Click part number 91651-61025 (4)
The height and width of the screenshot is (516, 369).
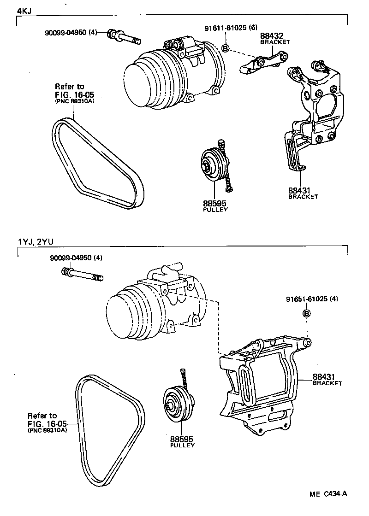[312, 299]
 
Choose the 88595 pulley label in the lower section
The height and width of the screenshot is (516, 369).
[182, 440]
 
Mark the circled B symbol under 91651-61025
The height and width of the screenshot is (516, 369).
[306, 314]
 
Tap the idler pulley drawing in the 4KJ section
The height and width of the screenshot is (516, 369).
[214, 165]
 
